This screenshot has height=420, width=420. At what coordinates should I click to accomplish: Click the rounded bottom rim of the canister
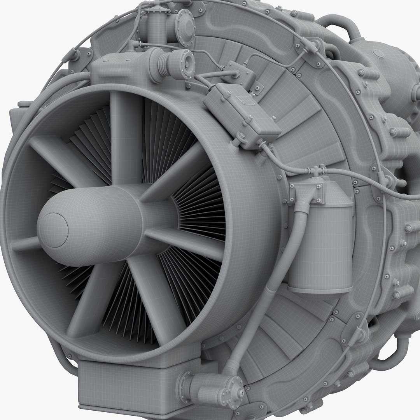point(319,290)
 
